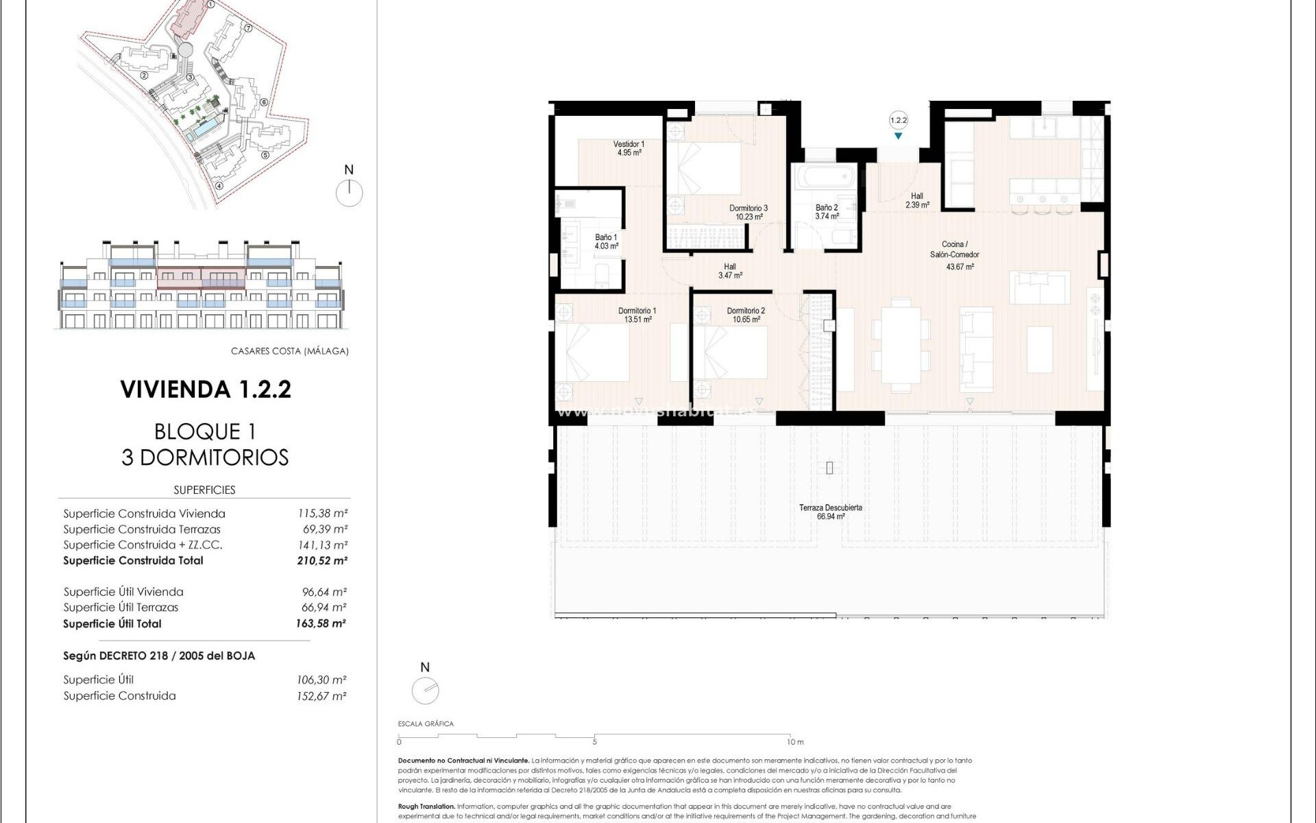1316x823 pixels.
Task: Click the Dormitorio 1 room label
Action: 637,311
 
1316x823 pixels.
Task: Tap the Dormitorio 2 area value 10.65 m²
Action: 746,320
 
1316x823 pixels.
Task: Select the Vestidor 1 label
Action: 629,144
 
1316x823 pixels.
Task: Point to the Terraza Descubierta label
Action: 830,508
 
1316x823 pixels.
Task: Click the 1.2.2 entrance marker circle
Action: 898,120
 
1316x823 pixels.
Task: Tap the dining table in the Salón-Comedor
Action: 901,344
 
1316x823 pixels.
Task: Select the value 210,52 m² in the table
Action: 321,560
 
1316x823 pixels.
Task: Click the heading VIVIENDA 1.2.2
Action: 206,389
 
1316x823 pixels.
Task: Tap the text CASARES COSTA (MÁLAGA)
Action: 289,351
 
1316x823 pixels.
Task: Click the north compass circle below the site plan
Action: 349,193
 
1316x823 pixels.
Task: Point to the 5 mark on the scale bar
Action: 594,741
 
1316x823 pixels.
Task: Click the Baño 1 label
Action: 606,237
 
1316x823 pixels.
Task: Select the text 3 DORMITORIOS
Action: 205,457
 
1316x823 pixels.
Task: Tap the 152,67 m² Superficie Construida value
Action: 321,695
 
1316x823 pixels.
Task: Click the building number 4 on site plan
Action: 219,185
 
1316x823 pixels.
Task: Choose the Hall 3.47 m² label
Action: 730,271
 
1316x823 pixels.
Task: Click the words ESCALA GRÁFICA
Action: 426,724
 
